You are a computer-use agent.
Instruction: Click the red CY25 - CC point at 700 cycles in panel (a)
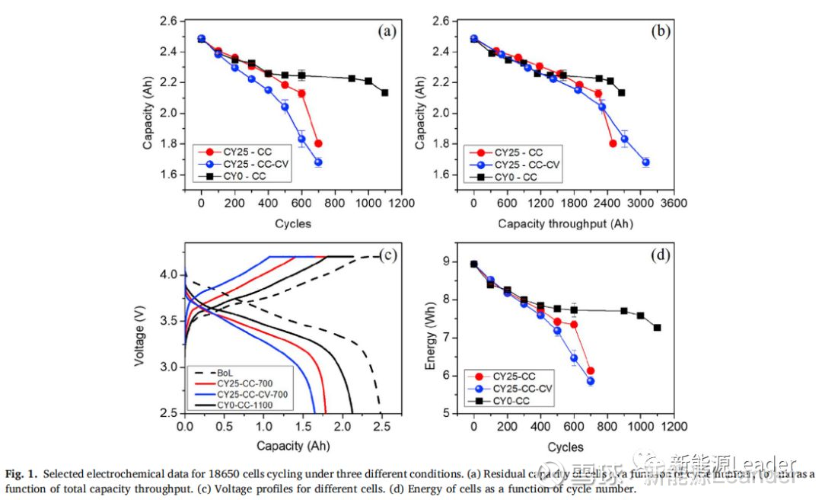318,143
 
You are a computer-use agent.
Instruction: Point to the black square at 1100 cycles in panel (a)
385,93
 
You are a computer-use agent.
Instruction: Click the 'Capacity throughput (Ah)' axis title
566,223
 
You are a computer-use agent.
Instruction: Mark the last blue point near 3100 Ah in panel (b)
645,162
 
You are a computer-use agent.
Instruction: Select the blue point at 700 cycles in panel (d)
590,381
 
